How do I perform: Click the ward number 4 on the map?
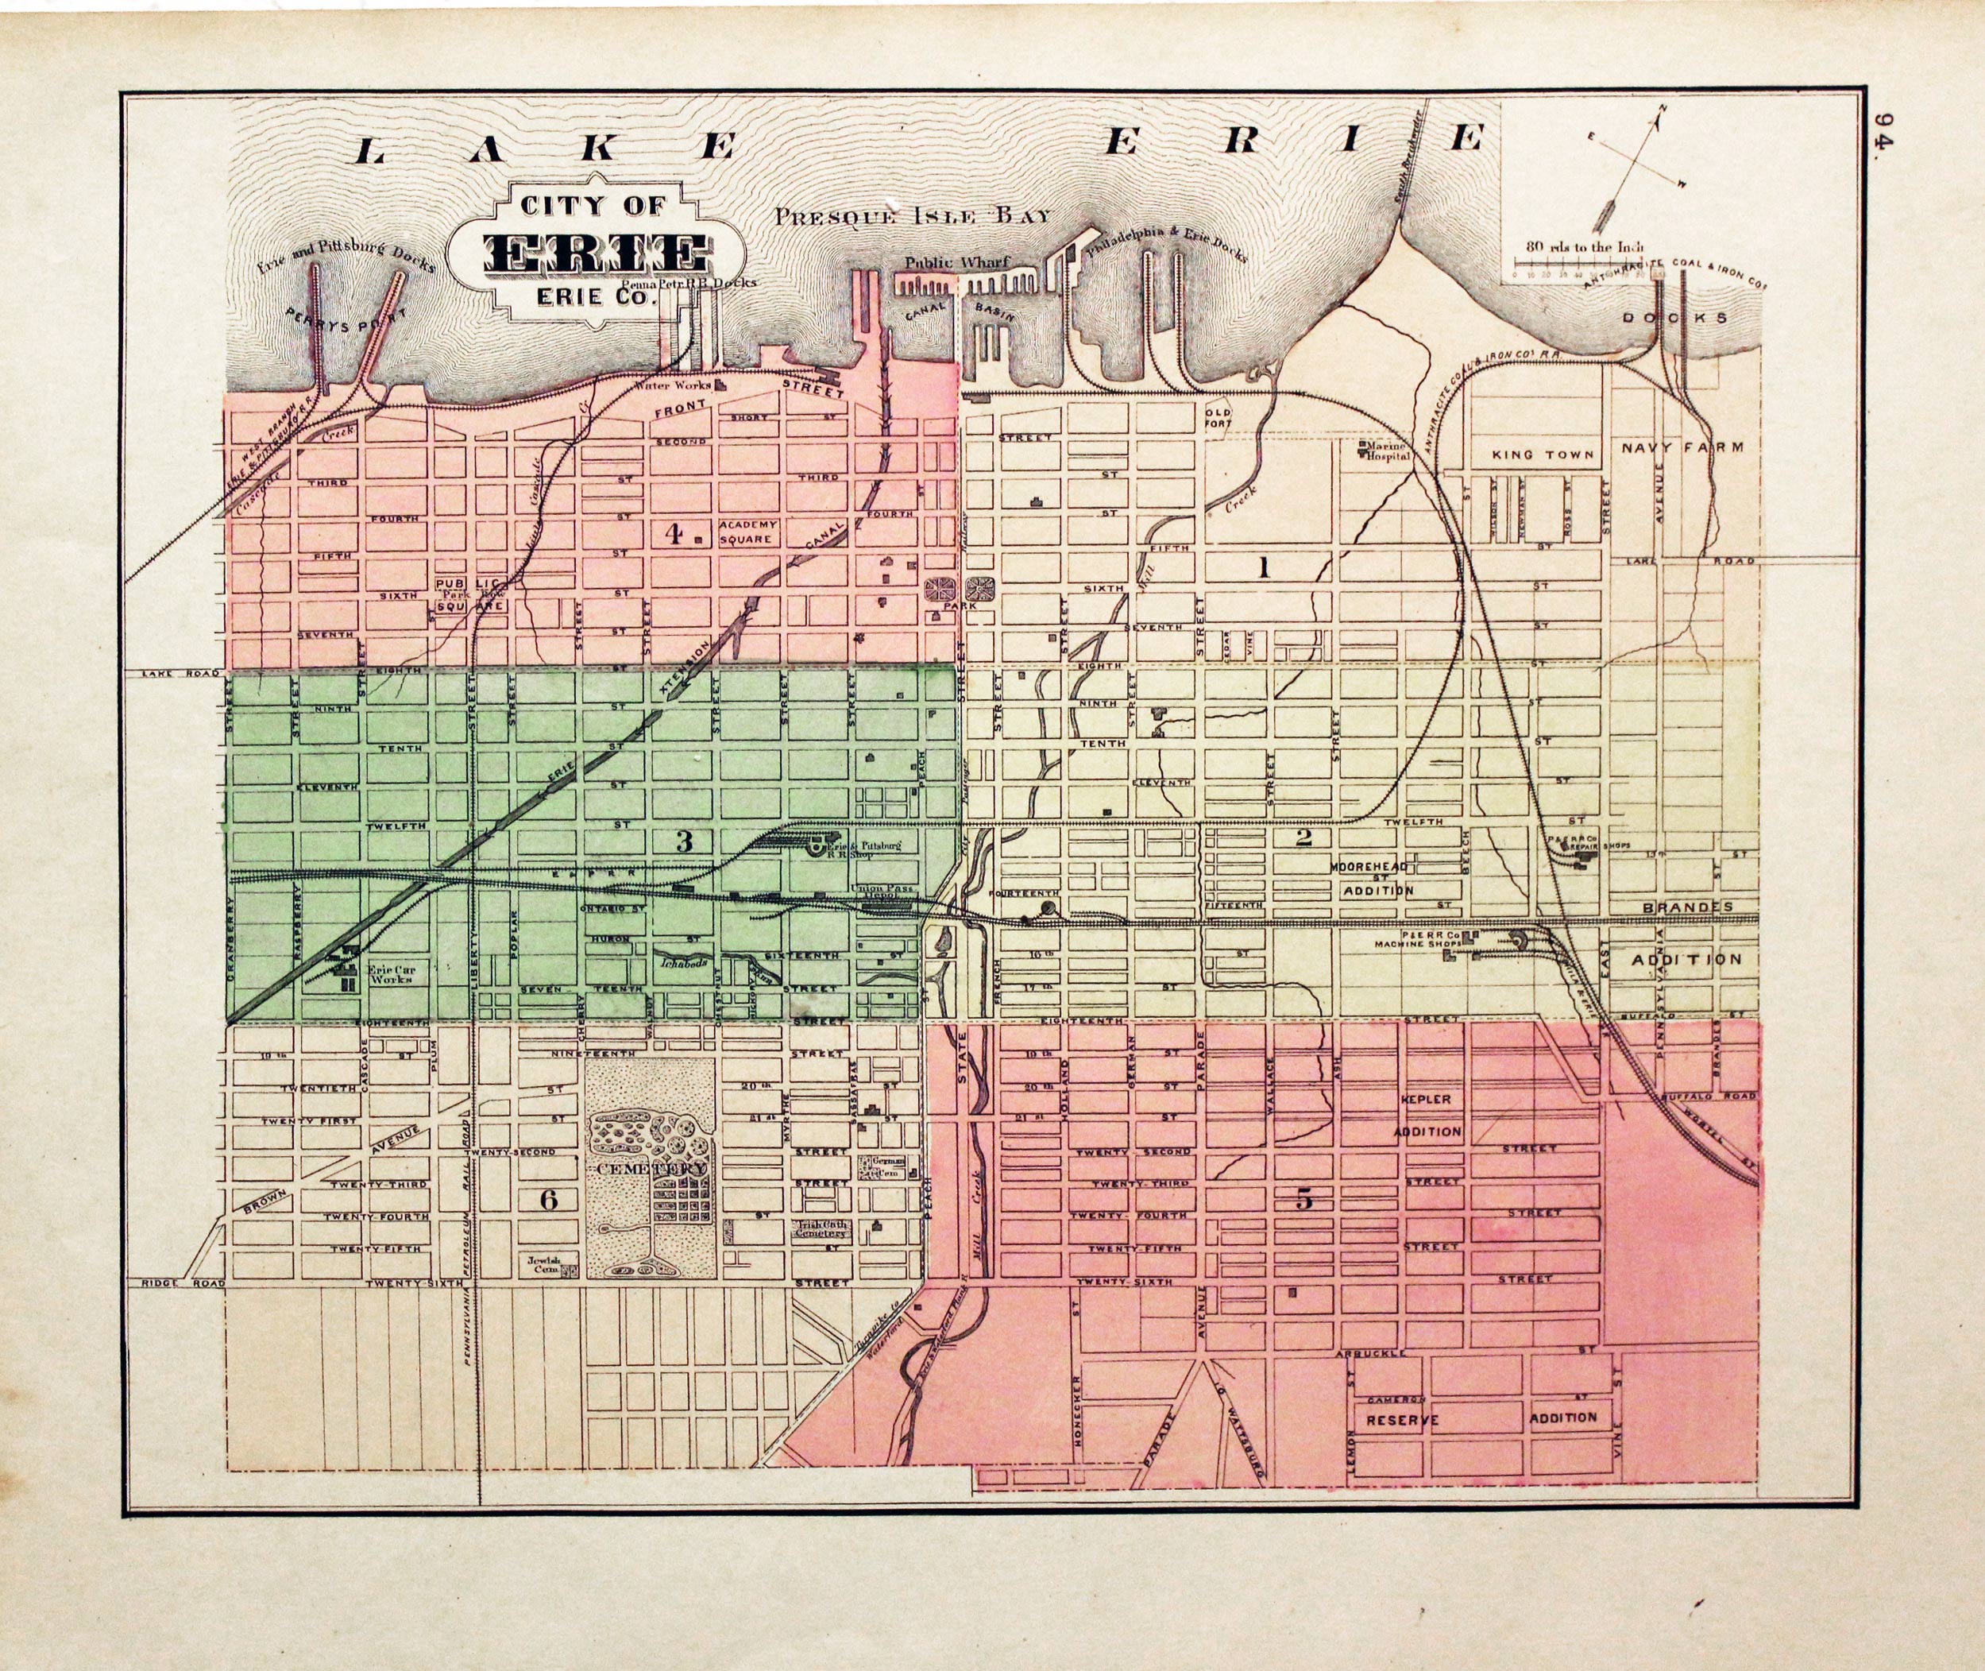point(674,534)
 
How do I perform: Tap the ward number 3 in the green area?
point(685,839)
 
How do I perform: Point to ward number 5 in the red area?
point(1304,1199)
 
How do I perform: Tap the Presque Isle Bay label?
point(912,216)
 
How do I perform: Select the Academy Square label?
point(748,532)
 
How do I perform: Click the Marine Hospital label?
point(1386,450)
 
